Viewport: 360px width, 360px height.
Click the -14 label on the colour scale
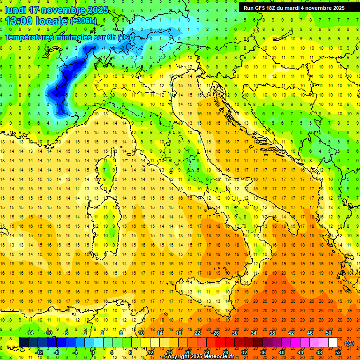click(29, 333)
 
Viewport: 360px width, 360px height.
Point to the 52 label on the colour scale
click(338, 352)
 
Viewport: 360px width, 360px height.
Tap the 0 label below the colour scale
click(93, 352)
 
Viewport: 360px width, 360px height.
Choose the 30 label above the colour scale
click(234, 333)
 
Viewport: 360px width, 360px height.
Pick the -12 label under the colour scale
click(39, 352)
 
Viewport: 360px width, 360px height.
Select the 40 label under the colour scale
click(281, 352)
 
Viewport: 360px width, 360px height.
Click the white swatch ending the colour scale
click(333, 343)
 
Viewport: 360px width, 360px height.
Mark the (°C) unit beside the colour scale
click(349, 343)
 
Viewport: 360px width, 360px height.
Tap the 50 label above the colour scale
click(328, 333)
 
